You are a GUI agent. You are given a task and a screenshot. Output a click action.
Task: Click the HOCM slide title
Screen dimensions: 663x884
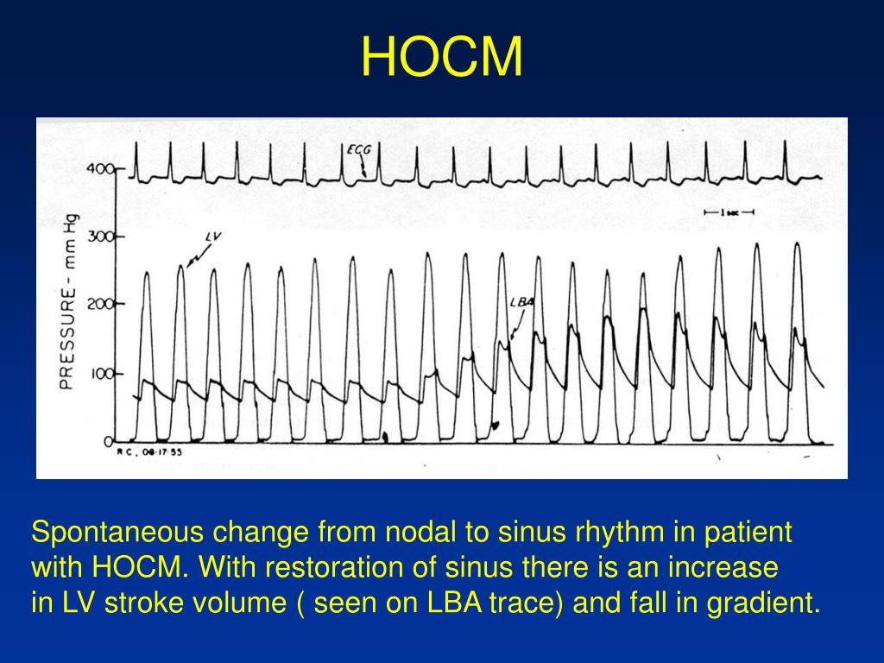click(x=442, y=58)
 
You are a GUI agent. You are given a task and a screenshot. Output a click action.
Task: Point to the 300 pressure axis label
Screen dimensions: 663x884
click(x=100, y=237)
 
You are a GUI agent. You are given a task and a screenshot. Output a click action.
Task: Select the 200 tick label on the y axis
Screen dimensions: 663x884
click(x=100, y=304)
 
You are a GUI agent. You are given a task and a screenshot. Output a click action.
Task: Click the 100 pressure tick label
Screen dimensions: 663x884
click(x=100, y=374)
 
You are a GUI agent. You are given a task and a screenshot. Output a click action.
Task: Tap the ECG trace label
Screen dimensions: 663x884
click(x=358, y=149)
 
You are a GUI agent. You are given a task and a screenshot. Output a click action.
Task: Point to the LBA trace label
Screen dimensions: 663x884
click(x=521, y=301)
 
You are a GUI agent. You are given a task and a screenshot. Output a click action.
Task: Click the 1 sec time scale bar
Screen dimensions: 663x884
click(x=729, y=212)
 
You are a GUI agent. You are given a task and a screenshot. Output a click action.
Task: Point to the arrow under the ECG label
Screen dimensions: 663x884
click(x=363, y=167)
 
